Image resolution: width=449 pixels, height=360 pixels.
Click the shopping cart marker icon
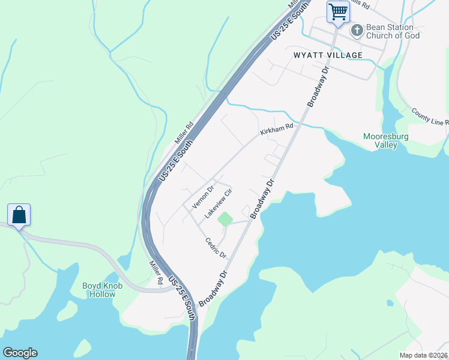click(x=338, y=11)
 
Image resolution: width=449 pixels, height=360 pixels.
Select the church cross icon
click(x=357, y=31)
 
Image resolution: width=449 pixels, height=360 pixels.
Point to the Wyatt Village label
click(x=328, y=55)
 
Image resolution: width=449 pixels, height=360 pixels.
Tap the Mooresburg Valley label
click(x=387, y=140)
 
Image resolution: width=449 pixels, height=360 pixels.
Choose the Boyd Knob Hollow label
click(x=103, y=290)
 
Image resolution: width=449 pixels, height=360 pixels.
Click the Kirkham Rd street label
click(x=277, y=129)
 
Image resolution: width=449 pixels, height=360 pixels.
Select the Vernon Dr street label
click(x=202, y=197)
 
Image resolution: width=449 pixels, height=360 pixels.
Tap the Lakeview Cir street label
click(x=218, y=204)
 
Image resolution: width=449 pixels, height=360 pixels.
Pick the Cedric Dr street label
click(x=215, y=248)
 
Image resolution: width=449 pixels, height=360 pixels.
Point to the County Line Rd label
click(x=430, y=117)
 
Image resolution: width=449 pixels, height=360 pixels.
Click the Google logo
click(x=20, y=353)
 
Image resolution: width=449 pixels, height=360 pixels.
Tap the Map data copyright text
click(x=424, y=355)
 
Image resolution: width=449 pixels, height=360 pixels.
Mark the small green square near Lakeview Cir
click(x=224, y=220)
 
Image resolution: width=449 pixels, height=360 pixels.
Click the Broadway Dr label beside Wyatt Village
click(x=319, y=87)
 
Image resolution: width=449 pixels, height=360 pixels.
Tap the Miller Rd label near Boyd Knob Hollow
click(x=155, y=272)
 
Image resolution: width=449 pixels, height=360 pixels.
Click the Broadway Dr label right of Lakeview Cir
click(x=262, y=197)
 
